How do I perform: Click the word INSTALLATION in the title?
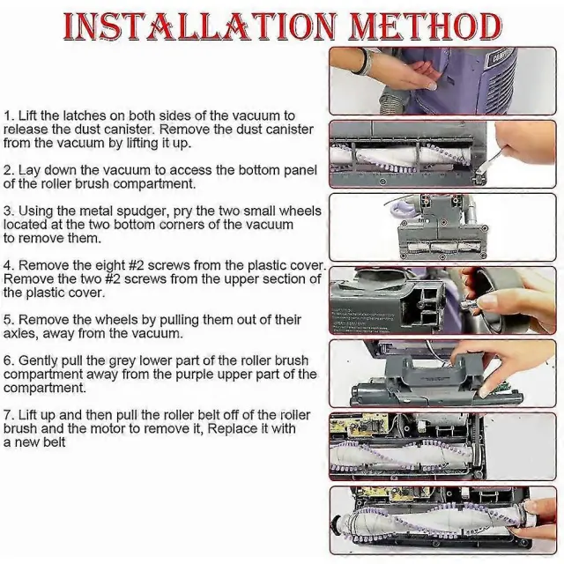[200, 27]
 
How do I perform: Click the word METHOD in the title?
[426, 27]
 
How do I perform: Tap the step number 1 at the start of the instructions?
[7, 116]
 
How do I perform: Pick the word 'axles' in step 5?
[19, 333]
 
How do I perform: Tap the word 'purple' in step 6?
[196, 375]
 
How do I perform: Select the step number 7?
[7, 415]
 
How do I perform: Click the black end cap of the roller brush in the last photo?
[337, 522]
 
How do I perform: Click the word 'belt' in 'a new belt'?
[54, 442]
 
